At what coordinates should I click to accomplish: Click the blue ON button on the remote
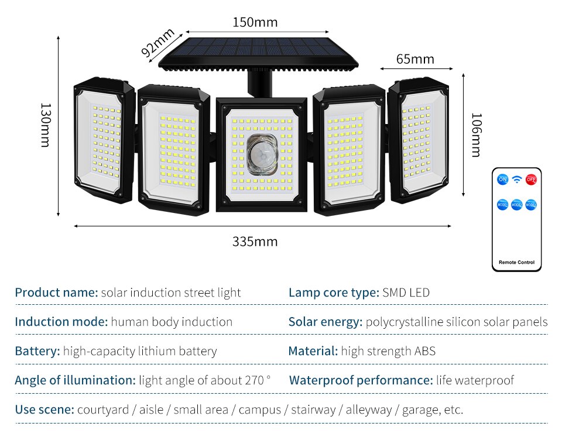tap(502, 180)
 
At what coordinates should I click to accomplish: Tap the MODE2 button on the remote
tap(516, 205)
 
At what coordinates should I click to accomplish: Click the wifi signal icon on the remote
tap(516, 180)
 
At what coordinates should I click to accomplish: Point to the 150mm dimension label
tap(255, 23)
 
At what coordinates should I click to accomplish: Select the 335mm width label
tap(255, 242)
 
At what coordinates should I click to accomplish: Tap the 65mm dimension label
tap(415, 59)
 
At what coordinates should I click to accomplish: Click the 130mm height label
tap(46, 125)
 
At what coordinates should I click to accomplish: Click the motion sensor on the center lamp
tap(261, 154)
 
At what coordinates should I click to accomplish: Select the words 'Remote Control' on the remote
tap(516, 262)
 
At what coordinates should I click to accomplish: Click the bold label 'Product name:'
tap(56, 292)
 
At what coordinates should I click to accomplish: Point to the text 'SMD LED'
tap(406, 292)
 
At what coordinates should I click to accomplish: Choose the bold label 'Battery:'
tap(37, 351)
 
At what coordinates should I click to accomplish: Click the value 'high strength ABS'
tap(388, 351)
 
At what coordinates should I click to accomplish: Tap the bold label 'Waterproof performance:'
tap(361, 380)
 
